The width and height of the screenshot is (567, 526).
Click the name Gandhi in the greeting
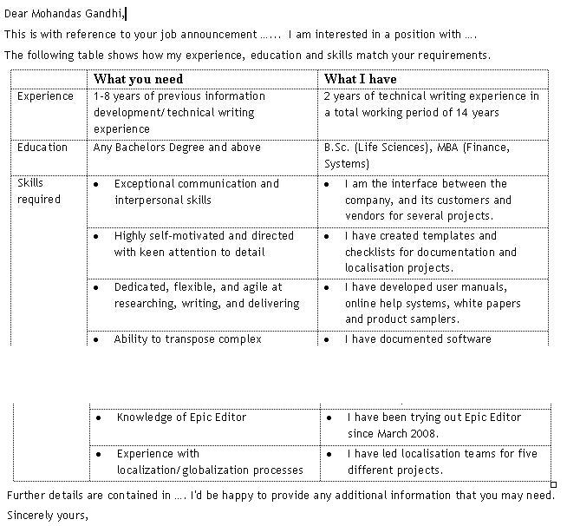(105, 13)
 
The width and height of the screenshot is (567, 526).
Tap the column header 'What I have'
(360, 79)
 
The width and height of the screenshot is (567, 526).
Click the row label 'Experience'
(45, 96)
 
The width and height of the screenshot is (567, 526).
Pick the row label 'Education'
(42, 148)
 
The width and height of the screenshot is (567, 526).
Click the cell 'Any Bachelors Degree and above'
(177, 148)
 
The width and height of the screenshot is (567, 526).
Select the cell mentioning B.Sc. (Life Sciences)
(416, 155)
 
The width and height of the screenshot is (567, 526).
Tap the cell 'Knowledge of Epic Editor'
(181, 418)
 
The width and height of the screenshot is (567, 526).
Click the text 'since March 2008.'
(393, 434)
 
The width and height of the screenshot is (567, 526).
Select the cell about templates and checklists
(430, 252)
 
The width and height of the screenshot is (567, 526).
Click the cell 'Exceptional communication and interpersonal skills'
(197, 192)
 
